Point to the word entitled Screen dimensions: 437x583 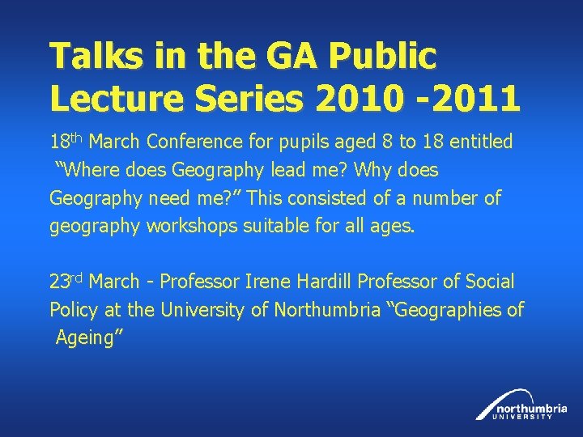(x=474, y=142)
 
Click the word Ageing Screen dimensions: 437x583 (x=83, y=338)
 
